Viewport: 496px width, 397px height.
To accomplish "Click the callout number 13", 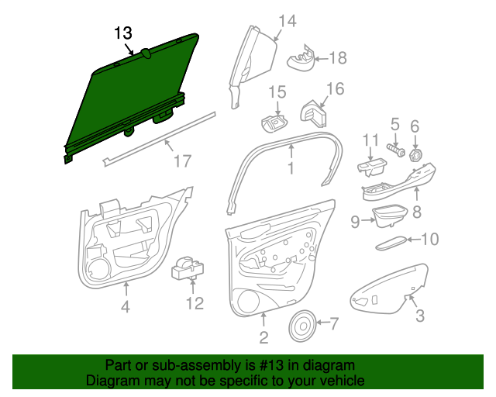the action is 123,33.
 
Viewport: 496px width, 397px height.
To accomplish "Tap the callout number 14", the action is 288,21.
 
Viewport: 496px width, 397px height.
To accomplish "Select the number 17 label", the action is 183,161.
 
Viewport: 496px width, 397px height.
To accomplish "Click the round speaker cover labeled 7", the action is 302,326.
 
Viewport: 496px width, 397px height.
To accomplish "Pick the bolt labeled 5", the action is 396,150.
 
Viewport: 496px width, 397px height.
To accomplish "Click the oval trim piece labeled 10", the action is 391,243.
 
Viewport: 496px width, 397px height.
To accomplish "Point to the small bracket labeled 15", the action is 274,123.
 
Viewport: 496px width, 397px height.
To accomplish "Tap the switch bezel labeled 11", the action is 372,167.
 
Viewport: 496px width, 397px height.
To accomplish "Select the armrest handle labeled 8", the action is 399,183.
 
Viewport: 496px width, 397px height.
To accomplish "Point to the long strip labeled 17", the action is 159,139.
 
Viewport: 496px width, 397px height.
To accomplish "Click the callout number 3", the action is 420,316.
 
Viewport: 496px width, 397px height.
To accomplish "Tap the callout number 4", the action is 126,307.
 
